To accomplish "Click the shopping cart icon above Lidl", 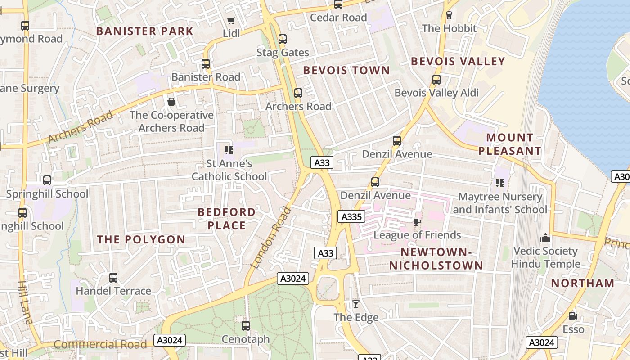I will point(231,20).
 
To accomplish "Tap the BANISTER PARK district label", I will point(144,31).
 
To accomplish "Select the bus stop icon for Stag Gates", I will point(283,39).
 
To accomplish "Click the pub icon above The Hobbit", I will point(449,15).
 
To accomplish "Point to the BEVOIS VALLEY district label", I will point(458,62).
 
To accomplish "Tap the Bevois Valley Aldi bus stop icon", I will point(436,80).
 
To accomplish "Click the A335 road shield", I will point(351,217).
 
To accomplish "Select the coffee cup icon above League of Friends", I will point(417,222).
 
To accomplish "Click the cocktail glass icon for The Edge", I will point(356,304).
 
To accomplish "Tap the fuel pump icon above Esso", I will point(573,316).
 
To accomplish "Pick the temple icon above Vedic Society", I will point(545,238).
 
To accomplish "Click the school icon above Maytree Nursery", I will point(499,183).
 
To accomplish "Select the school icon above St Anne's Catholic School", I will point(229,150).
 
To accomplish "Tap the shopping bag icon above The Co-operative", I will point(171,102).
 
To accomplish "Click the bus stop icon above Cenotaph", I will point(246,325).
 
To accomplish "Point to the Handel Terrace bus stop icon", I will point(113,278).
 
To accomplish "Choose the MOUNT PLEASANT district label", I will point(509,144).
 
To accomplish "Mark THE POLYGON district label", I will point(141,239).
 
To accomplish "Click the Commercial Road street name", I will point(100,345).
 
